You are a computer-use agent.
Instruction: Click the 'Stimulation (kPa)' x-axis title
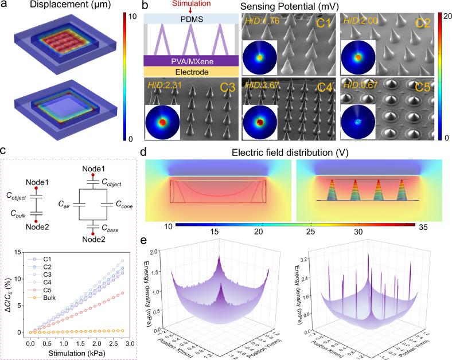pyautogui.click(x=73, y=353)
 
